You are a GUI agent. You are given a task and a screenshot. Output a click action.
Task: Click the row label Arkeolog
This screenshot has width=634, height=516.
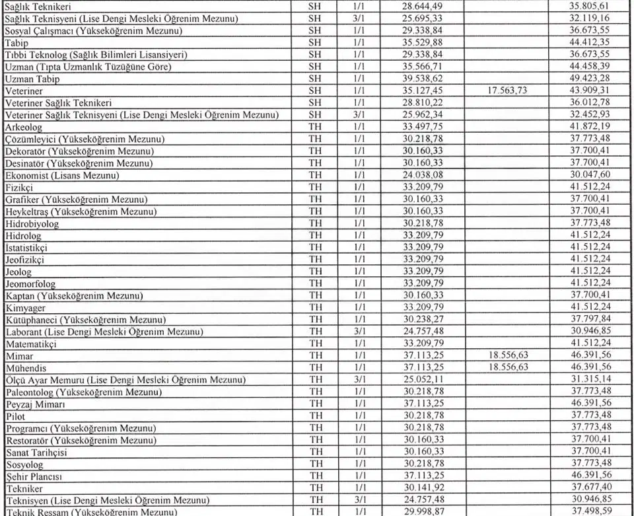[x=23, y=127]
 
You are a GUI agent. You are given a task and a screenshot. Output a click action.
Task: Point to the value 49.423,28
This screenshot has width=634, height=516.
[x=592, y=79]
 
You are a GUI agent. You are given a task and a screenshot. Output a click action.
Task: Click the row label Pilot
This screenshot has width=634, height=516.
[x=15, y=416]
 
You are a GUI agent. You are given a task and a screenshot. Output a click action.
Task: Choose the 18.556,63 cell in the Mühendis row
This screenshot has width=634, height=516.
[x=506, y=367]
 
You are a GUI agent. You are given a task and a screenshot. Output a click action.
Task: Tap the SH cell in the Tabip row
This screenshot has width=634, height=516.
[x=315, y=43]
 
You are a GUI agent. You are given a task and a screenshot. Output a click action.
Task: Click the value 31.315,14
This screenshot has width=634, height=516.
[x=592, y=380]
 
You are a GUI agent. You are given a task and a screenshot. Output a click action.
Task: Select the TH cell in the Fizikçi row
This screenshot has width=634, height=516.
[x=315, y=188]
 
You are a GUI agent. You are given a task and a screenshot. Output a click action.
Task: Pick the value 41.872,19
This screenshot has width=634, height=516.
[x=592, y=127]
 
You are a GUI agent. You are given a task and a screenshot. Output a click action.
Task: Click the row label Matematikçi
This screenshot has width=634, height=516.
[x=31, y=344]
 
